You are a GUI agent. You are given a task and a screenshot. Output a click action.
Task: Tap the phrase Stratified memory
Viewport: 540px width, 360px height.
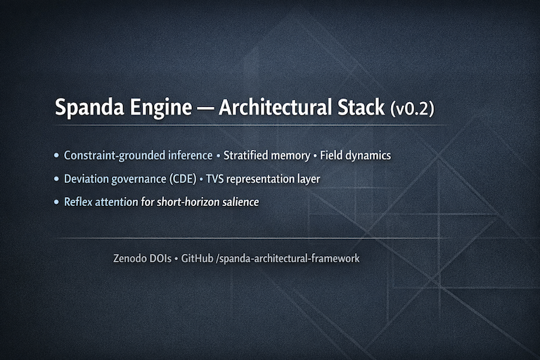pyautogui.click(x=266, y=155)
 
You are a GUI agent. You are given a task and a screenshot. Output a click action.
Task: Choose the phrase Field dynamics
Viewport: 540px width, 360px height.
pyautogui.click(x=355, y=155)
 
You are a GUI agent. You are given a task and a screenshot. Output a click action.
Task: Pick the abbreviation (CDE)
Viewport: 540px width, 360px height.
pyautogui.click(x=181, y=179)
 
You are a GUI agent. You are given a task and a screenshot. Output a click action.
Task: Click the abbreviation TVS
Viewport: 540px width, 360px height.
pyautogui.click(x=216, y=179)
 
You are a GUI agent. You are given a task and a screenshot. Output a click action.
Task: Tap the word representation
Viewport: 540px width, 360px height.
pyautogui.click(x=263, y=179)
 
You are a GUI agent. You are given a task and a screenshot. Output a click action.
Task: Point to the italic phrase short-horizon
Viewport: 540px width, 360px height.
pyautogui.click(x=182, y=202)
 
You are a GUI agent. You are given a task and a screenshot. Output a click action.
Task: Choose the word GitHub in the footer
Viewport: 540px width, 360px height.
pyautogui.click(x=197, y=259)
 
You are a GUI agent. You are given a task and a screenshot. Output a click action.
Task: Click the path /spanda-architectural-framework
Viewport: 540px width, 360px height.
pyautogui.click(x=288, y=259)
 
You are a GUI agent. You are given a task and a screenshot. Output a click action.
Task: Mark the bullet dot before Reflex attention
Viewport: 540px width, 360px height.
pyautogui.click(x=56, y=202)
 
